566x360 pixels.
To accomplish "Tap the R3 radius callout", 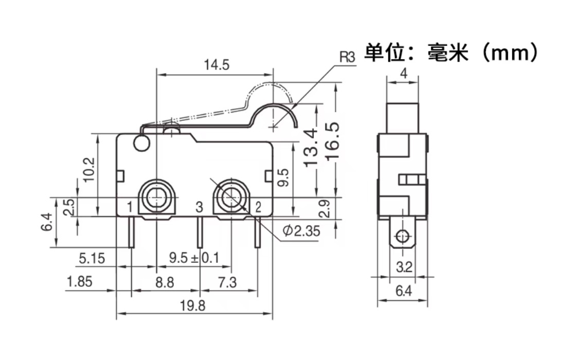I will [347, 57].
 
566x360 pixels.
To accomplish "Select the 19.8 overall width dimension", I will [193, 306].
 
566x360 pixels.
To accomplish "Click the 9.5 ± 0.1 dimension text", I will [194, 258].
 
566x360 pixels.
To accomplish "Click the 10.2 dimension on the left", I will [89, 170].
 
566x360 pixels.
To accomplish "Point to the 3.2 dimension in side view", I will [405, 267].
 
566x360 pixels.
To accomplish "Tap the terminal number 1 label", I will [130, 207].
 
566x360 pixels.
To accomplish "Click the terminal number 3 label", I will [200, 207].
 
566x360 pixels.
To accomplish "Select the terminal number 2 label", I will [258, 207].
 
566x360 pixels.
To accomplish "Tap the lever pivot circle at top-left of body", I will [140, 144].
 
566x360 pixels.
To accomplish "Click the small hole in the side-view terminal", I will [402, 237].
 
